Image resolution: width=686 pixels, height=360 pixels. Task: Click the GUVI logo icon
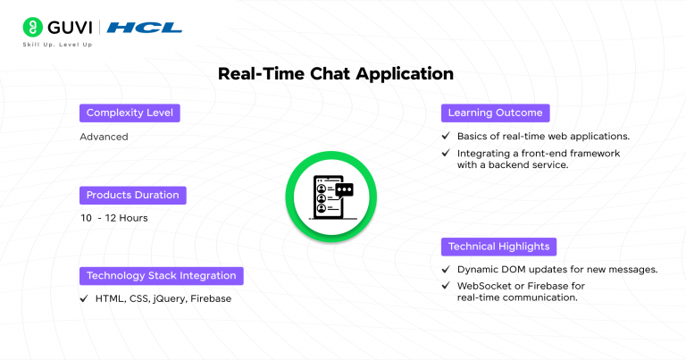35,27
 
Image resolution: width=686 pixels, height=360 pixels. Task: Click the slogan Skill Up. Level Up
65,45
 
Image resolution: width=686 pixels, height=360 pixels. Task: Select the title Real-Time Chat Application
336,74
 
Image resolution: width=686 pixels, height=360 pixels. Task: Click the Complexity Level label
130,113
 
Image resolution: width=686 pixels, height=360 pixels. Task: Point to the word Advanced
104,137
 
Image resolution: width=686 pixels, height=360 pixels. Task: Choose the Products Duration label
132,195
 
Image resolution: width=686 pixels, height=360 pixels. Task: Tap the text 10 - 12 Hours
113,218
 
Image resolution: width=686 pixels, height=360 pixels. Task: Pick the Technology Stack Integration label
161,275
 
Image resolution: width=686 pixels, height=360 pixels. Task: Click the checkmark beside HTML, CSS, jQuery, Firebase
84,298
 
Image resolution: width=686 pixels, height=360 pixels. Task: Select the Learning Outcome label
495,113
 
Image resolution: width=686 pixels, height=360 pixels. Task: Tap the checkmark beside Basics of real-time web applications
446,137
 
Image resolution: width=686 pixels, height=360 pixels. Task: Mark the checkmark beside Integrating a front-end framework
446,154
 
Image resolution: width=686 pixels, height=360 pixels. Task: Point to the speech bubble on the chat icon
344,189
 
